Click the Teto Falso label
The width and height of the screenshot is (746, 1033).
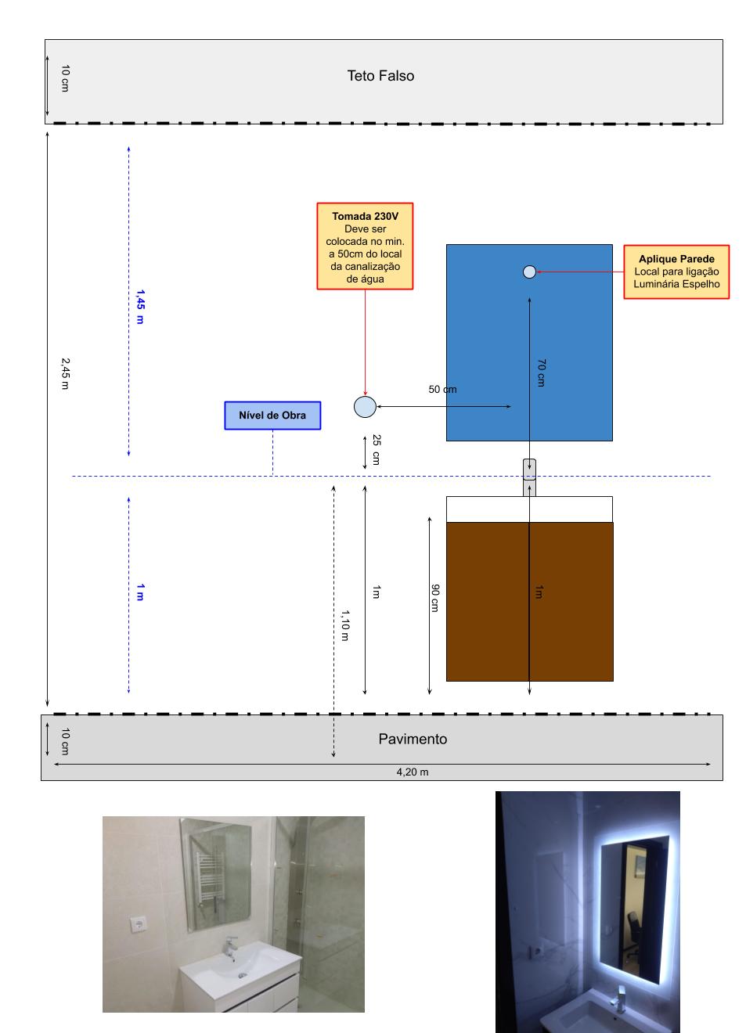(x=380, y=76)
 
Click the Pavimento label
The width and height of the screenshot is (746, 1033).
(x=413, y=739)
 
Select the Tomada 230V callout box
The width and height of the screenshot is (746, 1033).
(x=365, y=247)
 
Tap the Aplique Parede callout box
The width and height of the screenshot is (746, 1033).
(x=676, y=272)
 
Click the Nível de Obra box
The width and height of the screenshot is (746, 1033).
(x=272, y=416)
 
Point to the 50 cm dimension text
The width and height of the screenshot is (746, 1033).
(x=442, y=389)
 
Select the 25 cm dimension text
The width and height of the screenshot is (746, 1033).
(x=376, y=449)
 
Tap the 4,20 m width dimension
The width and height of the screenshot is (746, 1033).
(x=412, y=772)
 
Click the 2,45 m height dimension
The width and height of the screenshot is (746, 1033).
(x=66, y=373)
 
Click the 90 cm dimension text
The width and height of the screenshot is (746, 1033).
(x=434, y=597)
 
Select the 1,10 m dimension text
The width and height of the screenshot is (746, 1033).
(x=344, y=625)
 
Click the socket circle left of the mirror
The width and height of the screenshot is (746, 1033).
(x=365, y=407)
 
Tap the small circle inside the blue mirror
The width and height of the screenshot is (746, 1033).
(x=529, y=272)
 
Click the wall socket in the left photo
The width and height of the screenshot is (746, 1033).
(x=140, y=924)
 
